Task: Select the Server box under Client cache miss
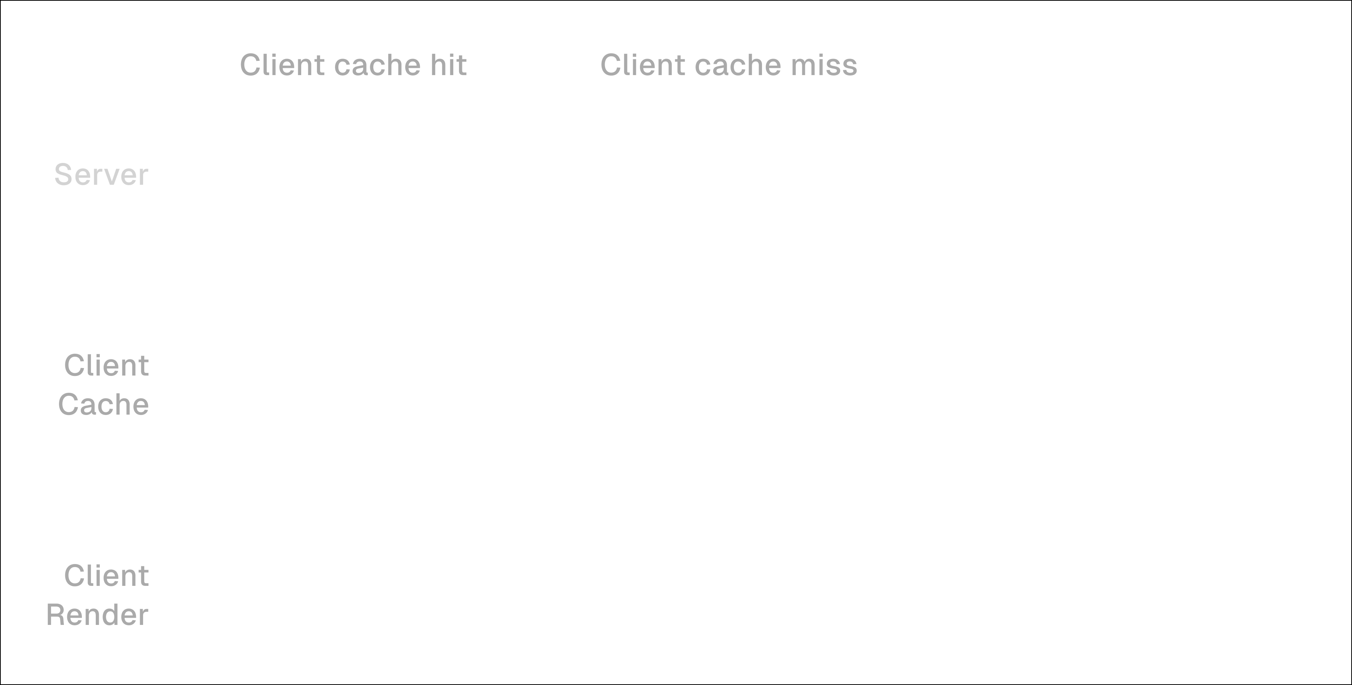735,174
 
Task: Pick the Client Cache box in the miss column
735,384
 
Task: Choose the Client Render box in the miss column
735,595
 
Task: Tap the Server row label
101,175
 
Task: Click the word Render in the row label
98,615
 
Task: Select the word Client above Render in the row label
107,576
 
